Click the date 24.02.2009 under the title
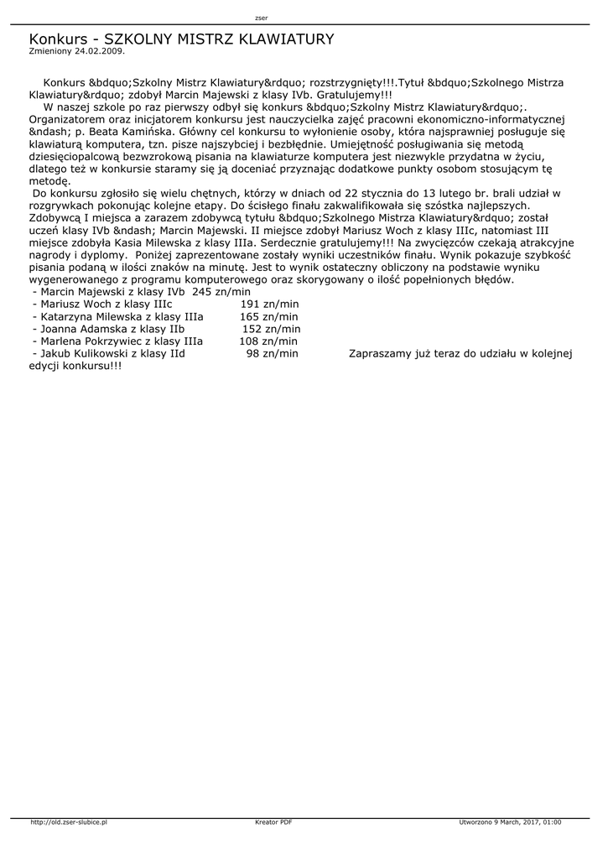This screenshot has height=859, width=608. (x=99, y=50)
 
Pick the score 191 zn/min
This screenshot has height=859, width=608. (x=268, y=304)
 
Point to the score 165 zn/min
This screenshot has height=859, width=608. (x=268, y=316)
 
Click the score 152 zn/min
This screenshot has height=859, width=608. (x=270, y=329)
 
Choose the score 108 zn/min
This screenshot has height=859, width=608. (x=268, y=341)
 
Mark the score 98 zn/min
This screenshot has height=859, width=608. (x=272, y=354)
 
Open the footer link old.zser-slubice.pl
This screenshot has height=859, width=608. (x=69, y=822)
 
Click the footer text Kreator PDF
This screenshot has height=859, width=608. (x=273, y=822)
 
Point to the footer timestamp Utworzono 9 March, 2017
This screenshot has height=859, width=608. (x=510, y=822)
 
